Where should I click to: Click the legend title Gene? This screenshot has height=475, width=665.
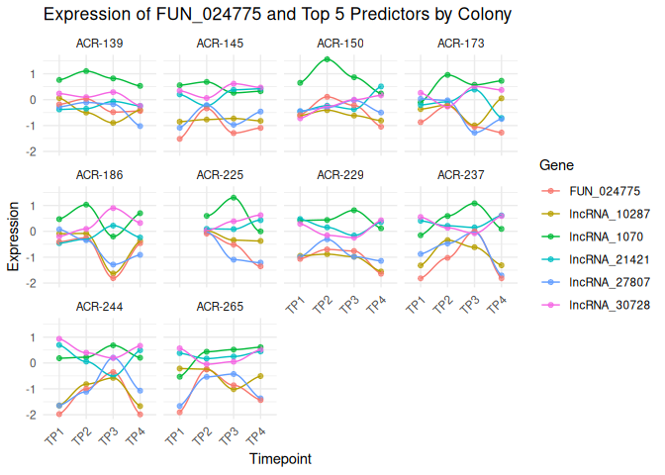click(x=549, y=164)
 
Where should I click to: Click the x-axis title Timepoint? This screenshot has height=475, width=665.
click(x=281, y=459)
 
